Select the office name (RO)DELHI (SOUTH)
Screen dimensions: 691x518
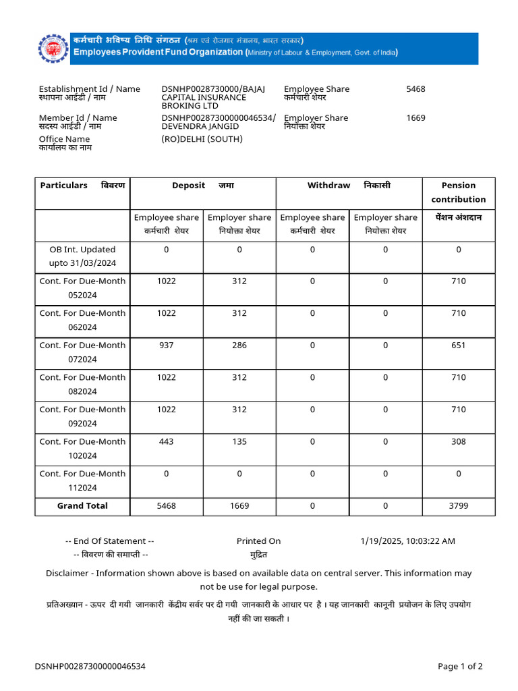pos(202,139)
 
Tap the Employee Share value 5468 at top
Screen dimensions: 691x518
pos(415,89)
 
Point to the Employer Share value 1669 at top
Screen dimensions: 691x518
pos(415,118)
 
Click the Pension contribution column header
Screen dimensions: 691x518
pos(458,192)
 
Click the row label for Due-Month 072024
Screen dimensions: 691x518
pos(82,352)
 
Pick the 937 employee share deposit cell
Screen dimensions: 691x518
pos(166,345)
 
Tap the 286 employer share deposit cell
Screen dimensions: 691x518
pos(239,345)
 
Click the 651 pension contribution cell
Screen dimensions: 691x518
pos(458,345)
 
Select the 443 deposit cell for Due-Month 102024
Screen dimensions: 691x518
pos(166,441)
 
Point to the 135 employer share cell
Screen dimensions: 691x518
pos(239,441)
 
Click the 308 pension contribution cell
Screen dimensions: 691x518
pos(458,441)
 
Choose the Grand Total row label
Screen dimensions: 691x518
pos(82,506)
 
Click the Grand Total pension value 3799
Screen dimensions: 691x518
pos(458,506)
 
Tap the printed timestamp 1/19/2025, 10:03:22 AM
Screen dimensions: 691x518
pos(407,541)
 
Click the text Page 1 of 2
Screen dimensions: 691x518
pos(460,667)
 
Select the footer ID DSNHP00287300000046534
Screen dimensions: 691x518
pos(90,667)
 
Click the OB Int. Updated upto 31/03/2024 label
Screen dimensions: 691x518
pos(82,256)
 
